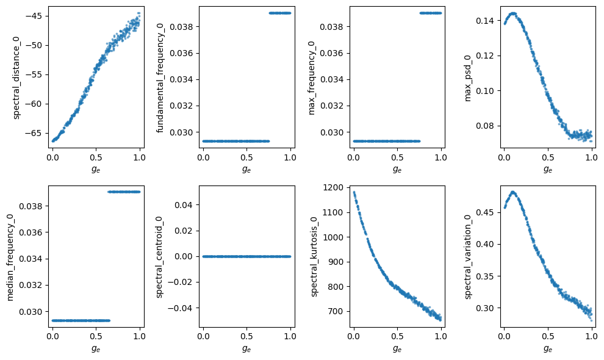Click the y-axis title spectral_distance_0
pos(16,78)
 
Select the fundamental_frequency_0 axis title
pos(160,78)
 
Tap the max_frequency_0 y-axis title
pos(311,78)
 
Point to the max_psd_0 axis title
pos(467,78)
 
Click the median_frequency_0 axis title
pos(10,257)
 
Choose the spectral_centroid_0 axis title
pos(159,257)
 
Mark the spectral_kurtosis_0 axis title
pos(314,257)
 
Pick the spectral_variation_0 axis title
pos(467,257)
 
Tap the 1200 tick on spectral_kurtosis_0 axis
pos(333,188)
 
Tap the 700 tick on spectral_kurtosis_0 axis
pos(335,311)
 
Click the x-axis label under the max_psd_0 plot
pos(548,169)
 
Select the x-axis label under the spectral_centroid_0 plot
pos(246,348)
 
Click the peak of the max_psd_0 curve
pos(512,13)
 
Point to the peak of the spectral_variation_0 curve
pos(512,192)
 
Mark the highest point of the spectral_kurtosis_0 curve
pos(354,192)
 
